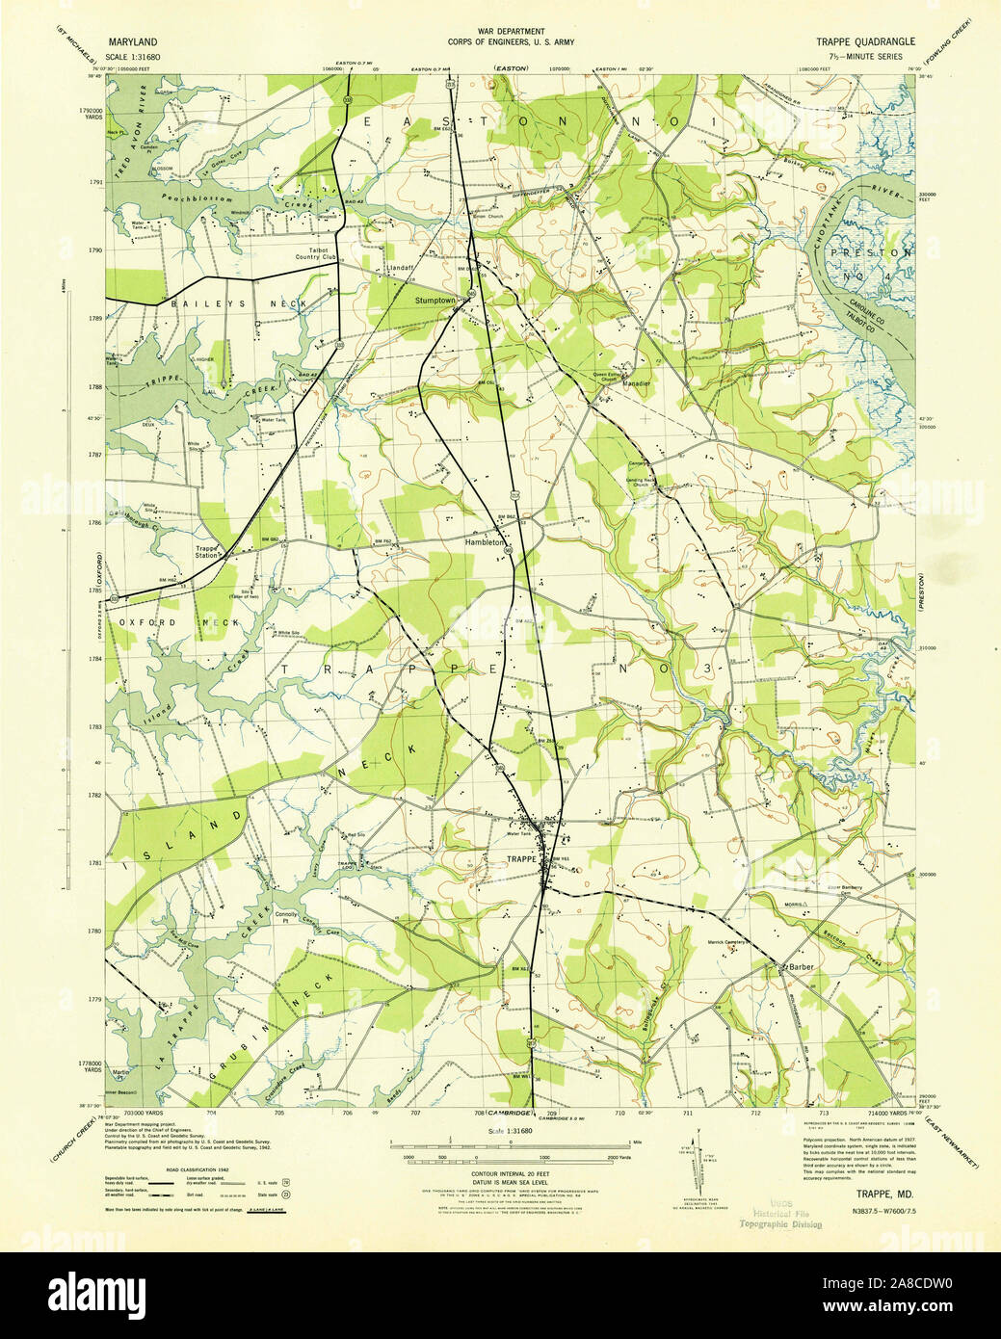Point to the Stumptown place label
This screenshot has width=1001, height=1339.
[x=435, y=302]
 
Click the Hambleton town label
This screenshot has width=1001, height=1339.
[x=486, y=543]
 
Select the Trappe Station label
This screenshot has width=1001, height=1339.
[x=207, y=554]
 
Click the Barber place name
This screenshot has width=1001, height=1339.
[x=803, y=966]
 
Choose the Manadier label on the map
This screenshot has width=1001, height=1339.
[x=638, y=384]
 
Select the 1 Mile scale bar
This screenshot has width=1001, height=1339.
[x=501, y=1146]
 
